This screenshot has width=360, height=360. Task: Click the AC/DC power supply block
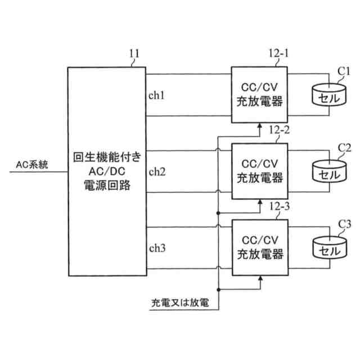[106, 172]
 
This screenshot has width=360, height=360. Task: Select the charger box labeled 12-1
[259, 94]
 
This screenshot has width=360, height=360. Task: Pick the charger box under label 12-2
[259, 171]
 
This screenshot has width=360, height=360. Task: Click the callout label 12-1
[277, 54]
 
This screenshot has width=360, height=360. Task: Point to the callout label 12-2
[280, 130]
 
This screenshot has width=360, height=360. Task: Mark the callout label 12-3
[280, 207]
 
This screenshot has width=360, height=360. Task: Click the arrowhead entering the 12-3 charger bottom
[259, 278]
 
